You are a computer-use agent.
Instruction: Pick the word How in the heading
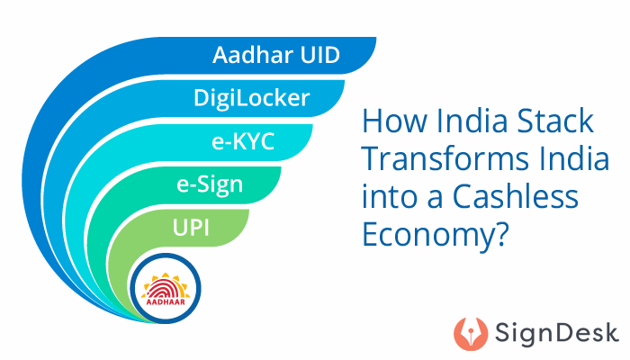[x=386, y=120]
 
